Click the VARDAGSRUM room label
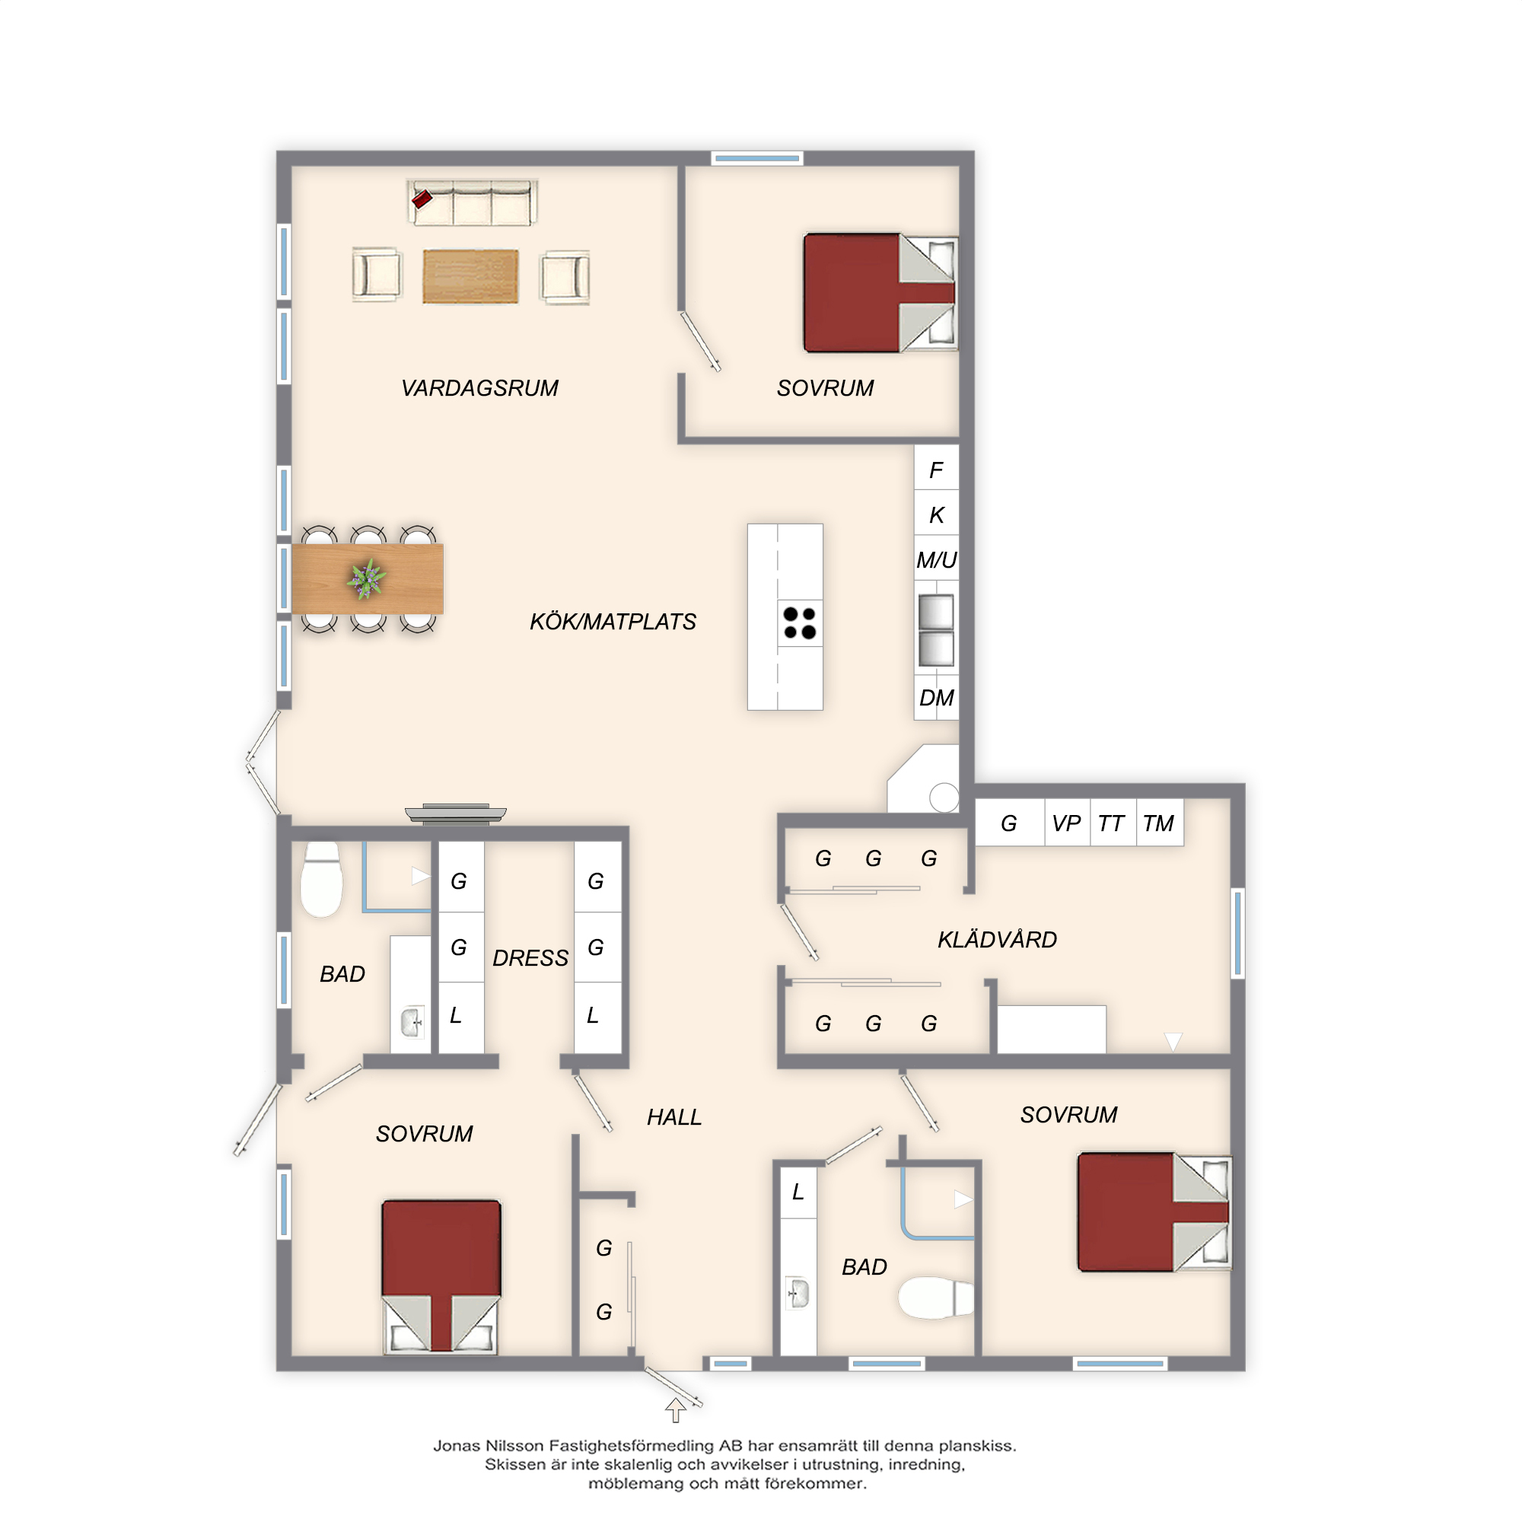coord(479,387)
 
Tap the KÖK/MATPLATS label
coord(613,622)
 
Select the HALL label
coord(674,1117)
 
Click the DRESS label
coord(530,958)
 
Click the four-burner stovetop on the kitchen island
coord(800,622)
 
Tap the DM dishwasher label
coord(937,698)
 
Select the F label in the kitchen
coord(936,470)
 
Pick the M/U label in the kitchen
coord(937,560)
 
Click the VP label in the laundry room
coord(1067,823)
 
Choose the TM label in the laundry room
coord(1159,823)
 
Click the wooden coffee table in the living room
coord(470,275)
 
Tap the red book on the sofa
coord(422,199)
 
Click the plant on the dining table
coord(366,579)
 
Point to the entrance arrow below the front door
coord(675,1409)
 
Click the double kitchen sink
coord(936,630)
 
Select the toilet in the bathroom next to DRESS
coord(321,880)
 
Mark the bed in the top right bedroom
coord(880,292)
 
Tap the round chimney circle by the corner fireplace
coord(944,798)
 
